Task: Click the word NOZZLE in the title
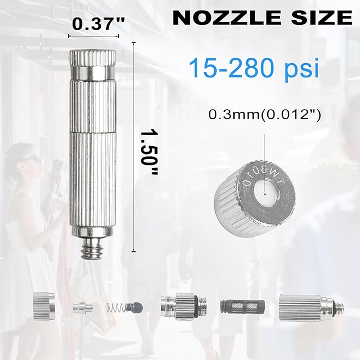pos(226,17)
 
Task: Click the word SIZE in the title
pos(322,17)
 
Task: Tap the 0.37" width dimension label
pos(99,24)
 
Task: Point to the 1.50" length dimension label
pos(149,153)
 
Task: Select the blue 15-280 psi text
pos(254,68)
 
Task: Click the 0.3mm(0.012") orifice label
pos(264,115)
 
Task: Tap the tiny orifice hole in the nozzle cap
pos(265,194)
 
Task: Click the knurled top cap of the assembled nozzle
pos(92,58)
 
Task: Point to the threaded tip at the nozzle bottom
pos(93,249)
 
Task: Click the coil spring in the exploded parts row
pos(116,308)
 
